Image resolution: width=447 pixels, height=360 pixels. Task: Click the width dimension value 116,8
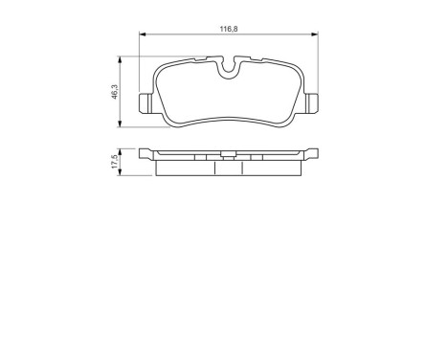point(229,30)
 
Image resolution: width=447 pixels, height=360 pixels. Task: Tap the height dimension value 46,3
point(114,92)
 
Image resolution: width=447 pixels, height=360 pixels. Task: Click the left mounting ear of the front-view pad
point(145,102)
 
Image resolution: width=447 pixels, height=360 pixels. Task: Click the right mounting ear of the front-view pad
point(312,102)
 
